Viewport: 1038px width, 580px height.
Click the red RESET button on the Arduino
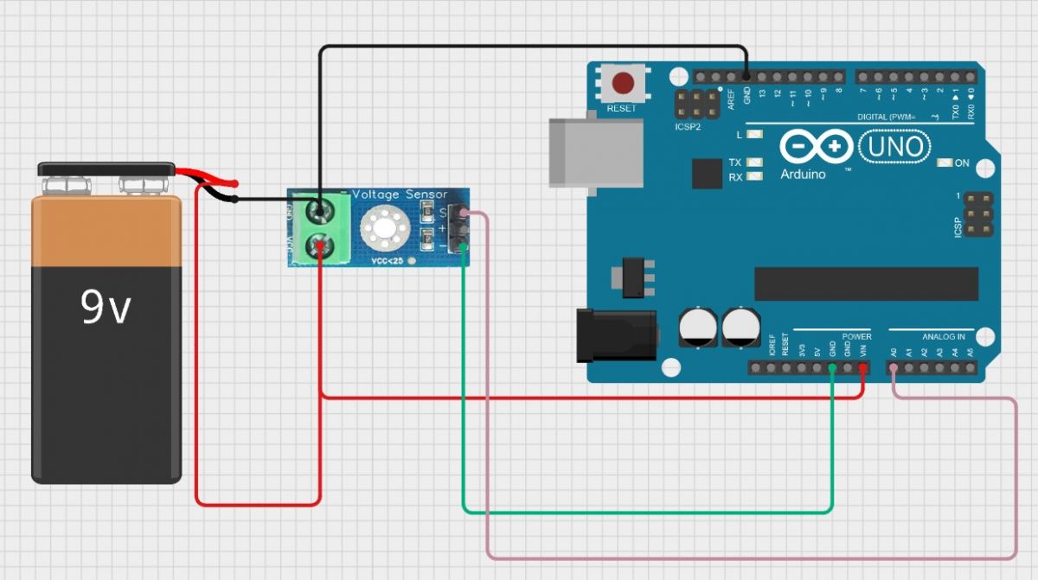pyautogui.click(x=622, y=84)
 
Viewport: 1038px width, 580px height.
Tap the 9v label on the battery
pyautogui.click(x=106, y=307)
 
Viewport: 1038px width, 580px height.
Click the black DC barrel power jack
pyautogui.click(x=616, y=334)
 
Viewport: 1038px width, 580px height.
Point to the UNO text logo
pyautogui.click(x=896, y=147)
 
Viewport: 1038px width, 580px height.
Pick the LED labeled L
pyautogui.click(x=756, y=135)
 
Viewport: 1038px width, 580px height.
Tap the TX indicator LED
pyautogui.click(x=756, y=162)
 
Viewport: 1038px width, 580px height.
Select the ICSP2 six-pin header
pyautogui.click(x=696, y=105)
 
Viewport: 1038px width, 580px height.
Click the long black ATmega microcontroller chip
pyautogui.click(x=866, y=284)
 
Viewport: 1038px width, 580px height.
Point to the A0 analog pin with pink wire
pyautogui.click(x=893, y=368)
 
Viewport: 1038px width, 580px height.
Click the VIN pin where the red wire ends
pyautogui.click(x=862, y=368)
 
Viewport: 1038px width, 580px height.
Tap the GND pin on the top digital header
pyautogui.click(x=746, y=77)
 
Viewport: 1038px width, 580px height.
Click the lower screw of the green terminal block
pyautogui.click(x=320, y=245)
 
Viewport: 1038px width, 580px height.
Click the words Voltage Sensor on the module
pyautogui.click(x=400, y=194)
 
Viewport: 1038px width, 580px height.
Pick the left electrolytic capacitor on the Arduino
pyautogui.click(x=697, y=328)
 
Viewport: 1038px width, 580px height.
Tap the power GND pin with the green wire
pyautogui.click(x=831, y=368)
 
